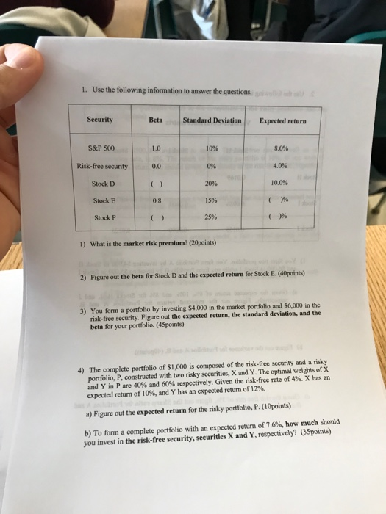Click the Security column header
click(x=99, y=119)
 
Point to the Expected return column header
click(x=283, y=120)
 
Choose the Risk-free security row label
click(x=102, y=166)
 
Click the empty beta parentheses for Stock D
click(x=156, y=184)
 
